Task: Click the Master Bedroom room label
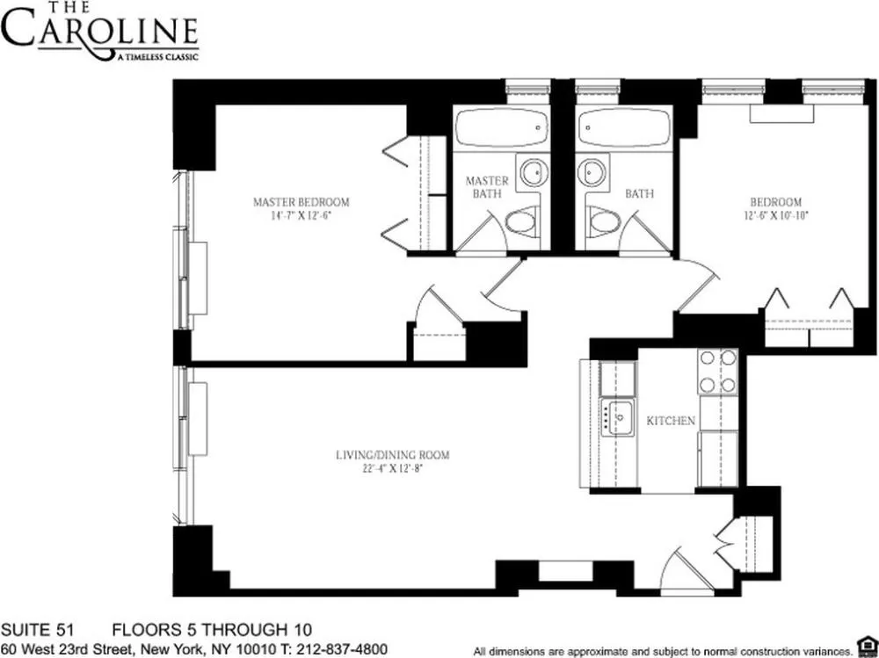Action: tap(301, 201)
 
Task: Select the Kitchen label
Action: tap(671, 421)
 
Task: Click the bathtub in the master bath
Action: tap(503, 128)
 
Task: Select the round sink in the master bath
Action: tap(533, 172)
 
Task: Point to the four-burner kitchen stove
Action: tap(717, 371)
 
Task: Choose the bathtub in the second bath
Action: tap(623, 128)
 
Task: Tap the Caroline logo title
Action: tap(98, 31)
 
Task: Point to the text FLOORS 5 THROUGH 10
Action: tap(211, 630)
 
